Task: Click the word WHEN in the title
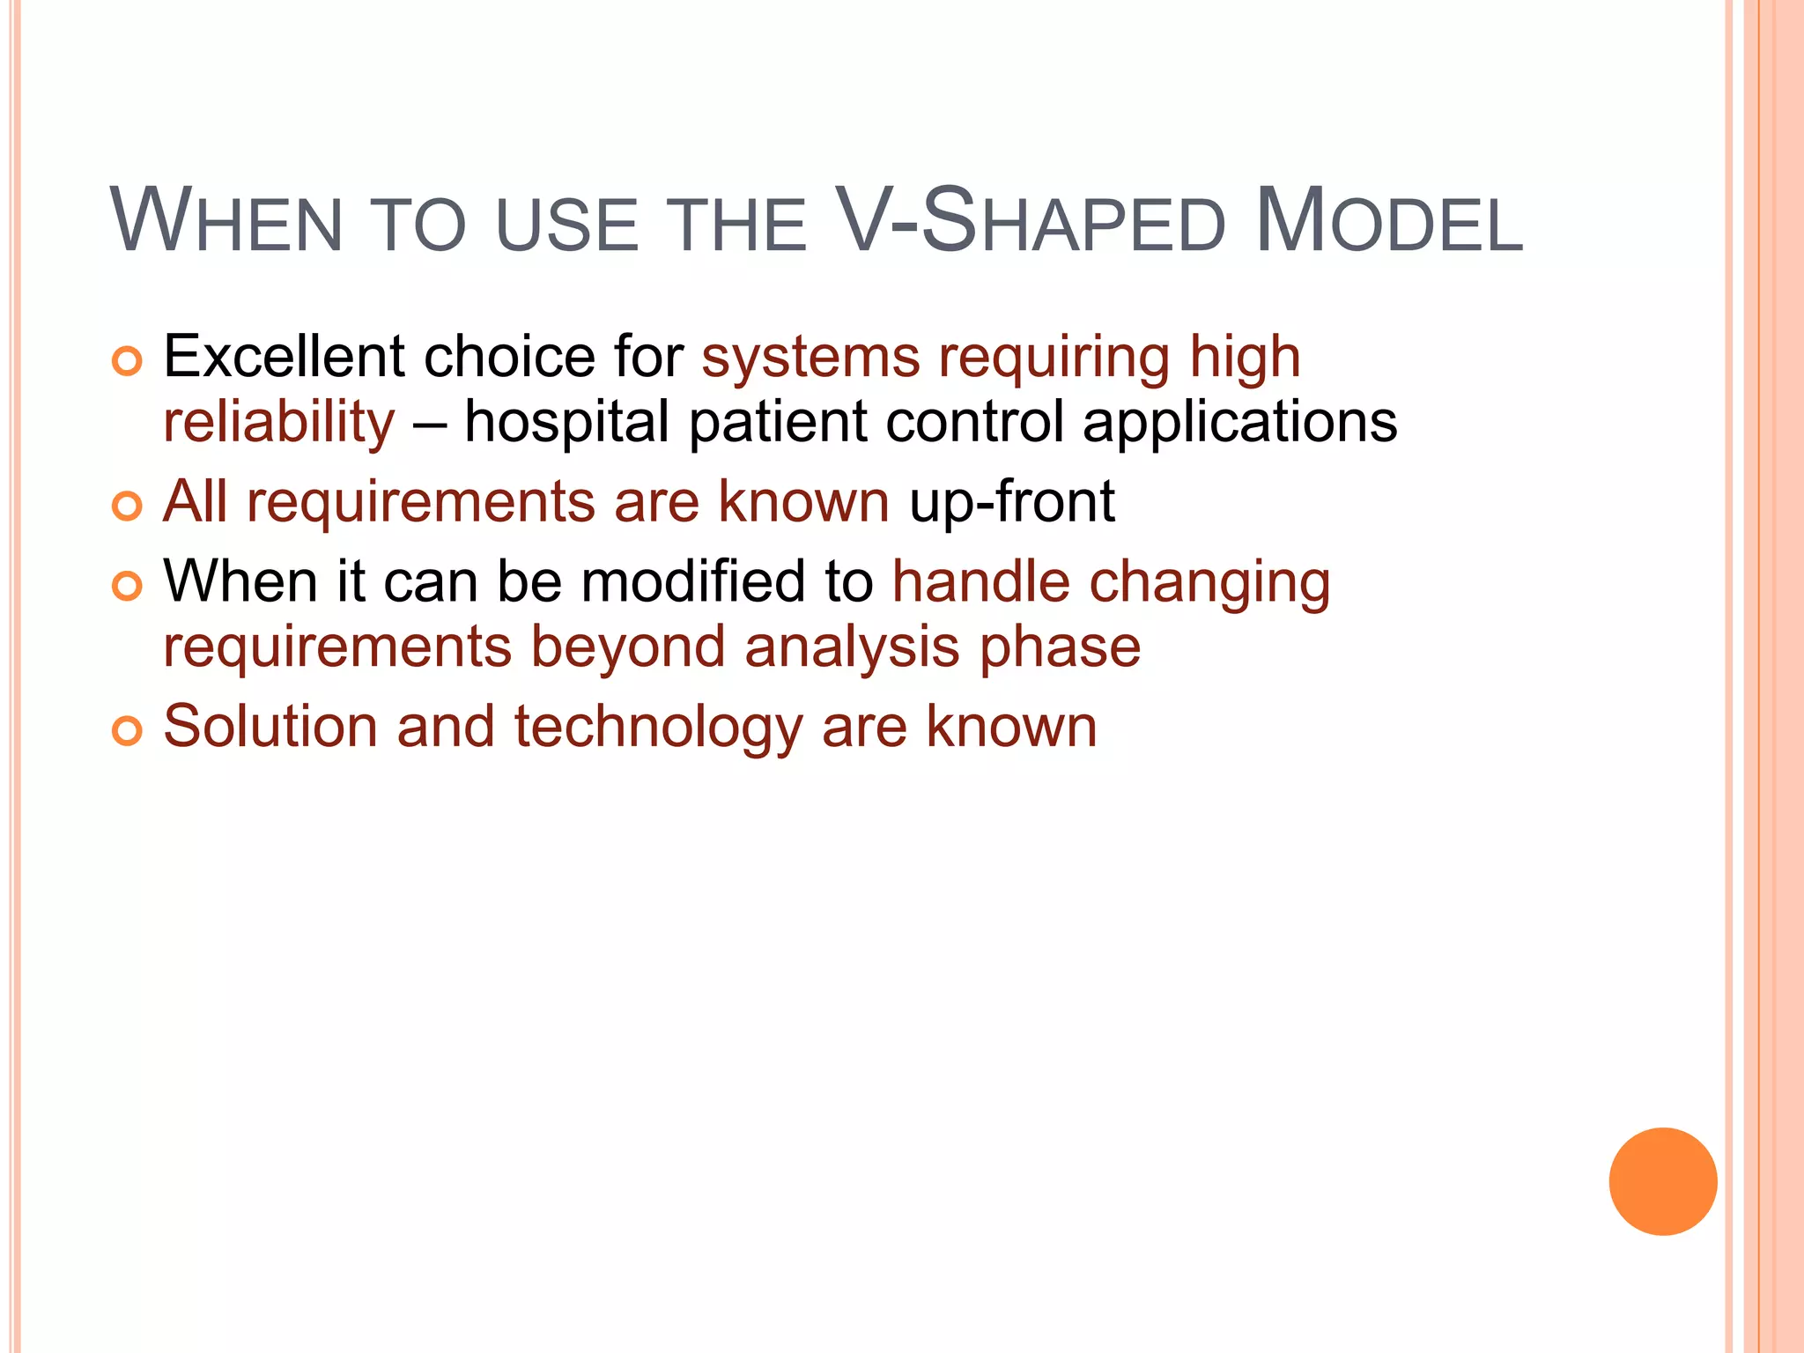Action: [225, 222]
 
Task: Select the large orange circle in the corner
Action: [1662, 1181]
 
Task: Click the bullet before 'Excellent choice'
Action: [127, 361]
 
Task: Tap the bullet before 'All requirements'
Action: [127, 506]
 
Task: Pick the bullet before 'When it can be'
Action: [127, 586]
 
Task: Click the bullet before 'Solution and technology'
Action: [127, 730]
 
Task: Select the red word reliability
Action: [279, 421]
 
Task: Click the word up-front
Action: [1012, 502]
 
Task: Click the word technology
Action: [658, 728]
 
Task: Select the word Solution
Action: [270, 727]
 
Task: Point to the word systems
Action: [810, 359]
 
